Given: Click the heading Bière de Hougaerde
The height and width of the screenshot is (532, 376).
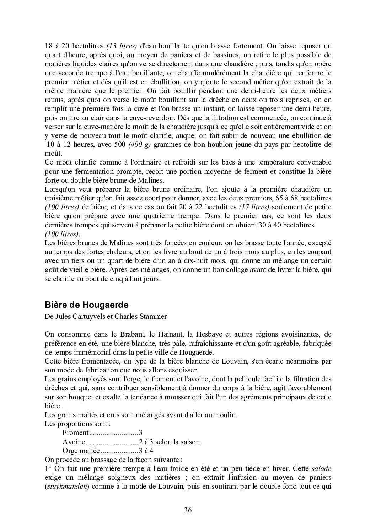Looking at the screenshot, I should pos(86,305).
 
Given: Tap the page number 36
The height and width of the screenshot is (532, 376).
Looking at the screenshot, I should pos(188,510).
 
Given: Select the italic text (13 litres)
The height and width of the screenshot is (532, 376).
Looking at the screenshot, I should pos(122,45).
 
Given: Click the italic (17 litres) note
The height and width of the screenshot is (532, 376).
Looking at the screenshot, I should pos(254,207).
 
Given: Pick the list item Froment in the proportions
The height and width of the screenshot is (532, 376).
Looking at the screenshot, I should pos(75,432).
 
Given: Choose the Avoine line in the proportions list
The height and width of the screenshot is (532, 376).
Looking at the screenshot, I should pos(74,442).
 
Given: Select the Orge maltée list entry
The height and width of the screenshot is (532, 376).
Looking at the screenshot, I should pos(81,451).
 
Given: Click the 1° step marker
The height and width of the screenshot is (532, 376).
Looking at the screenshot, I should pos(48,468).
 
